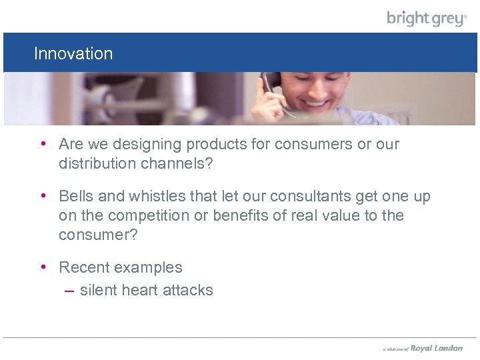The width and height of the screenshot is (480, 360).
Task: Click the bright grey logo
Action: click(x=427, y=18)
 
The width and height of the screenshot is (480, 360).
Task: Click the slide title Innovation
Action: click(x=73, y=53)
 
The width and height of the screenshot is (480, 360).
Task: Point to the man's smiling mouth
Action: click(x=316, y=105)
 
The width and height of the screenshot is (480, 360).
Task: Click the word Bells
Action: click(x=77, y=197)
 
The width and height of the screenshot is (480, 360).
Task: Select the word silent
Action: click(x=100, y=290)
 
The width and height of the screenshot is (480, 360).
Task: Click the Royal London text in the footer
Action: click(x=436, y=348)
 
